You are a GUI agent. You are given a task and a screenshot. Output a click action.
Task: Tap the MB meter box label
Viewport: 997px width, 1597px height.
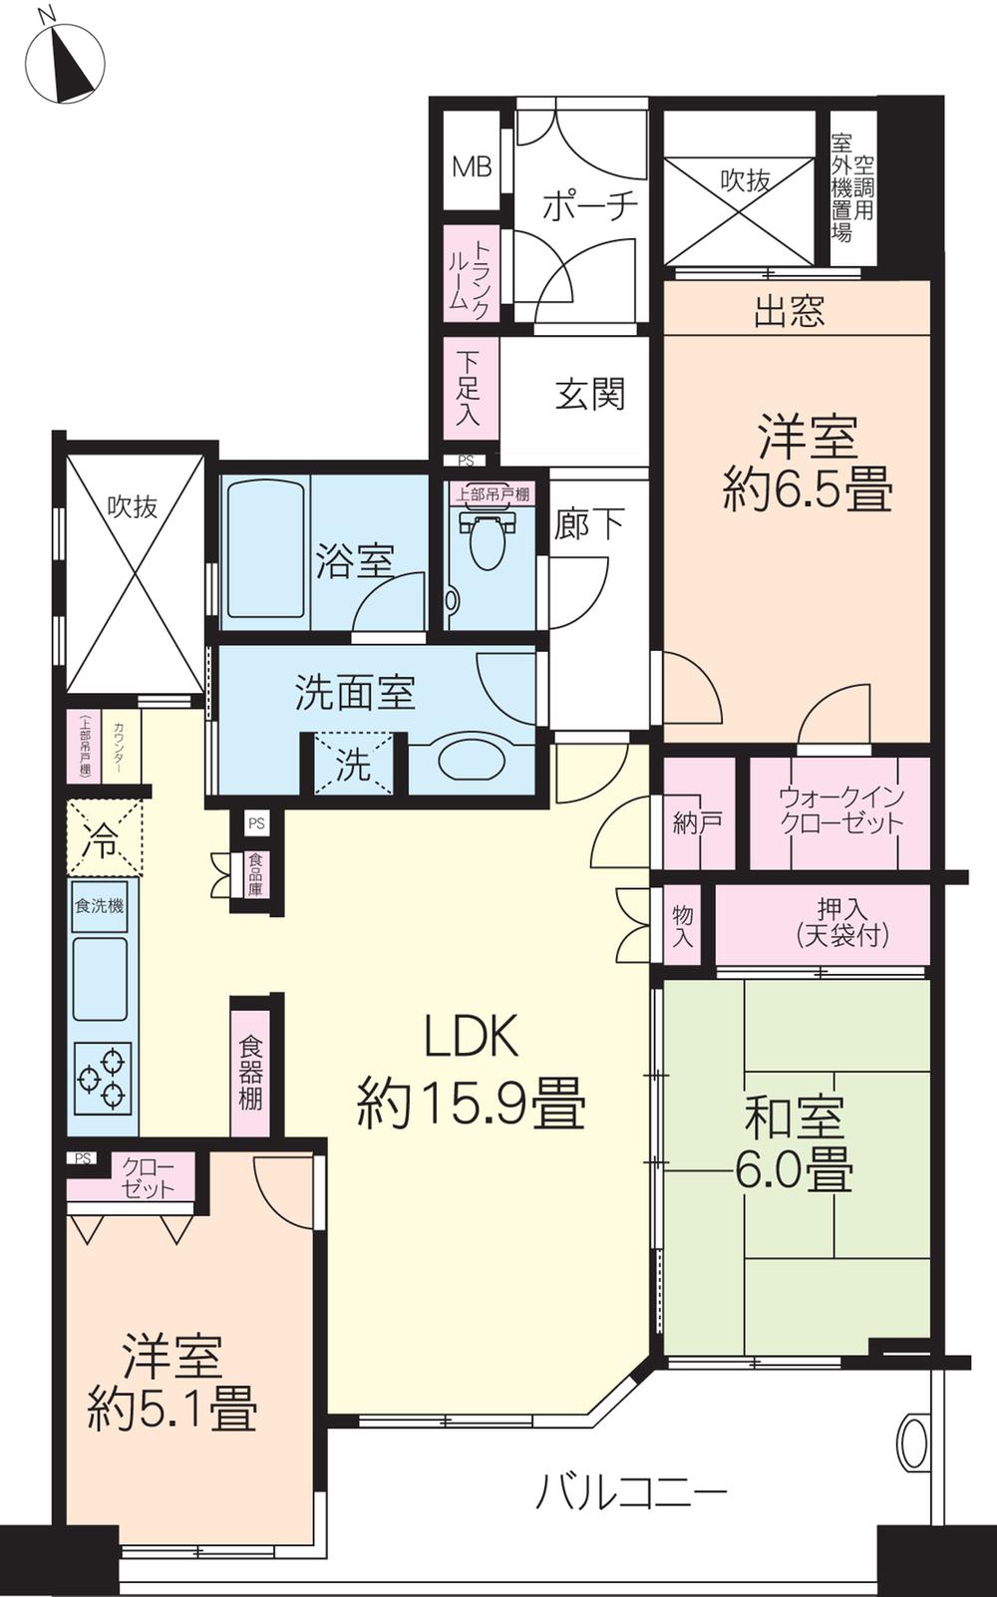472,166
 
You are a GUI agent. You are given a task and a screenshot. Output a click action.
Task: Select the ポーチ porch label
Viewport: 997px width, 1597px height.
589,206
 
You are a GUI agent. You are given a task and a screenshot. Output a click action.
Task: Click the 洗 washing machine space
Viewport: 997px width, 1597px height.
354,766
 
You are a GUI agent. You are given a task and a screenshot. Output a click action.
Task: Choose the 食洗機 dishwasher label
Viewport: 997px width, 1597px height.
99,907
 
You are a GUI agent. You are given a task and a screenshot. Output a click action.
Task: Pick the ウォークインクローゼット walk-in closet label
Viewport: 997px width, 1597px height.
840,810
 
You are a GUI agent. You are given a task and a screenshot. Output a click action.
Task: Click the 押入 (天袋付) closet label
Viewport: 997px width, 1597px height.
842,922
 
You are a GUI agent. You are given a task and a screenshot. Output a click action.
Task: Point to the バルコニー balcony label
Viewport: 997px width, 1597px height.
632,1492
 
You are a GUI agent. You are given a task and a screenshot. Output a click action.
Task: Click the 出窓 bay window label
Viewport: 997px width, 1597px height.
789,312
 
